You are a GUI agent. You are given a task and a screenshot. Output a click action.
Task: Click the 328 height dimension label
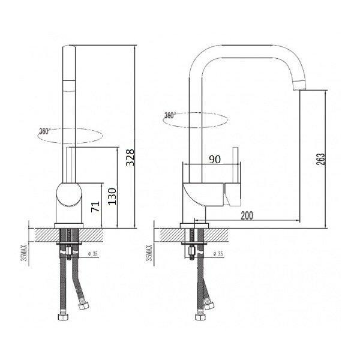coord(130,157)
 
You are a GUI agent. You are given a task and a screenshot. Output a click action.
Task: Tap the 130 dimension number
coord(112,196)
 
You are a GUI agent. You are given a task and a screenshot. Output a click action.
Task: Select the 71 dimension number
coord(95,206)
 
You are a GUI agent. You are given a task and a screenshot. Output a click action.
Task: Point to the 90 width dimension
coord(215,159)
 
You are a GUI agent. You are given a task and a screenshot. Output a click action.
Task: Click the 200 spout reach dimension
coord(247,215)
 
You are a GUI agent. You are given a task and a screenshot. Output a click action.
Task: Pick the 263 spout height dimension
coord(321,159)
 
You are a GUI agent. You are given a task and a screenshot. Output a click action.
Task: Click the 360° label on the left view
coord(44,131)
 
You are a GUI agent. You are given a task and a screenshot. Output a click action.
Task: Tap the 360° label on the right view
coord(170,115)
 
